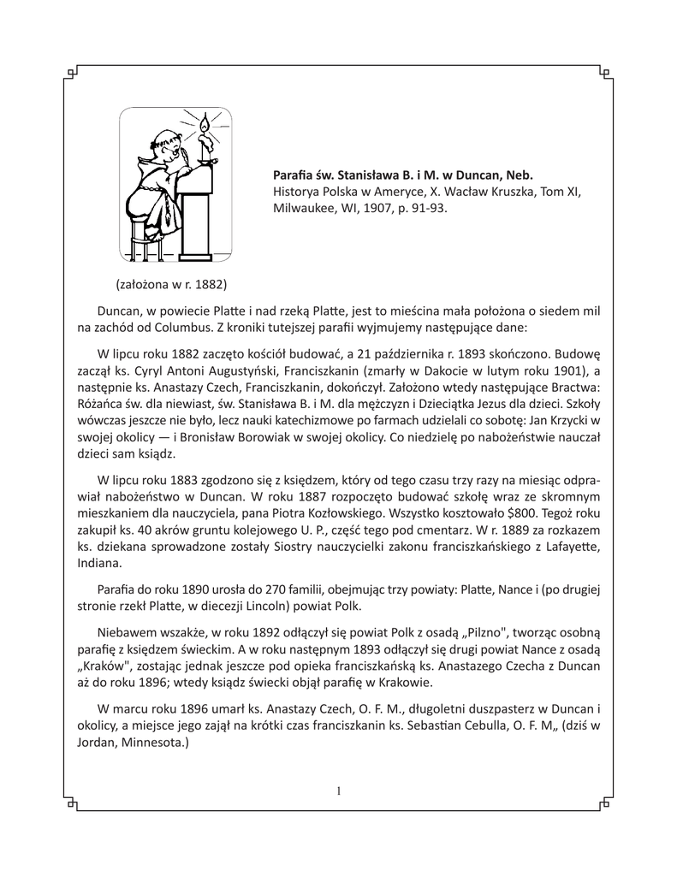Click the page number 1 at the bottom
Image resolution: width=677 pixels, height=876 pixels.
tap(339, 790)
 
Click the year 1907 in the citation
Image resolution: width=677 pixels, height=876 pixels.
tap(383, 207)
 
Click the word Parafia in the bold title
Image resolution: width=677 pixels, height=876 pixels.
tap(294, 174)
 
